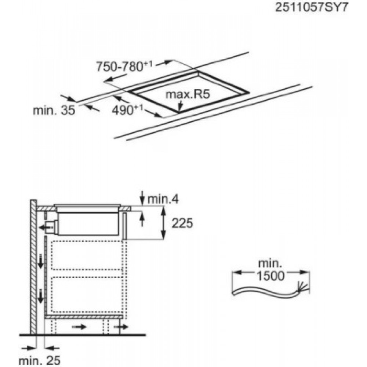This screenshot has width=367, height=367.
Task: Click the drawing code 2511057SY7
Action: [312, 7]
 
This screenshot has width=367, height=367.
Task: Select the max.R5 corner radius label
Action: [188, 94]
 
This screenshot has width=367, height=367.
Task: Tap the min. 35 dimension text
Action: [54, 110]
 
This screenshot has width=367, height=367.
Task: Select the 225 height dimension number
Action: [182, 223]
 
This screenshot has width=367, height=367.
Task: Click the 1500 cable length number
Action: [271, 276]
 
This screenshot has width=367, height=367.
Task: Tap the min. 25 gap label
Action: [39, 360]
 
